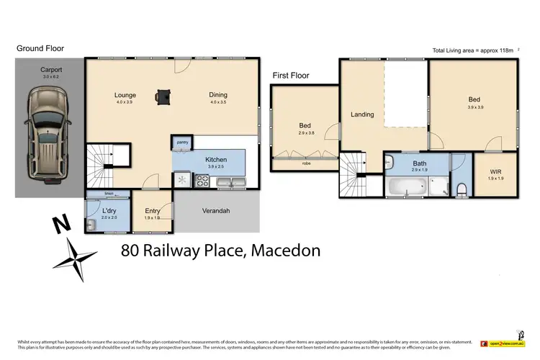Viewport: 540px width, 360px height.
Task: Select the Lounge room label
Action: coord(125,95)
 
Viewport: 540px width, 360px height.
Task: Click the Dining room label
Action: coord(218,95)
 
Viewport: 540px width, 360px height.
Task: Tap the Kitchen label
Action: coord(217,159)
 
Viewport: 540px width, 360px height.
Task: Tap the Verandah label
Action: coord(215,210)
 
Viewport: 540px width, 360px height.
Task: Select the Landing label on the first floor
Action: coord(361,114)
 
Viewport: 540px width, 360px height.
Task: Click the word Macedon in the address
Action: coord(284,251)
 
